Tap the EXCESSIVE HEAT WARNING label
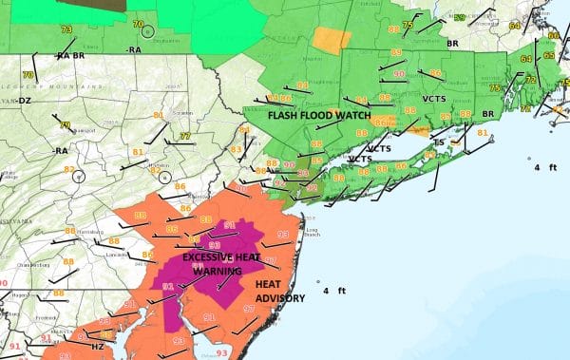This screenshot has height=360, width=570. point(218,264)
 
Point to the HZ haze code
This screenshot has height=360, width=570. point(97,348)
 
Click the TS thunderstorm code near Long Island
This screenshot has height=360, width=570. point(439,142)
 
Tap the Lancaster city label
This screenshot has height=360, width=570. point(117,255)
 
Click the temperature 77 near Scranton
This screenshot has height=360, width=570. point(184,137)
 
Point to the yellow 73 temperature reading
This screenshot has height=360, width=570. point(66,29)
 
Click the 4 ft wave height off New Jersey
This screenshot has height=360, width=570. point(332,290)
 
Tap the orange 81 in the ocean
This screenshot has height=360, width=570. point(483,133)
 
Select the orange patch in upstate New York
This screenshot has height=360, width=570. point(327,39)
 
